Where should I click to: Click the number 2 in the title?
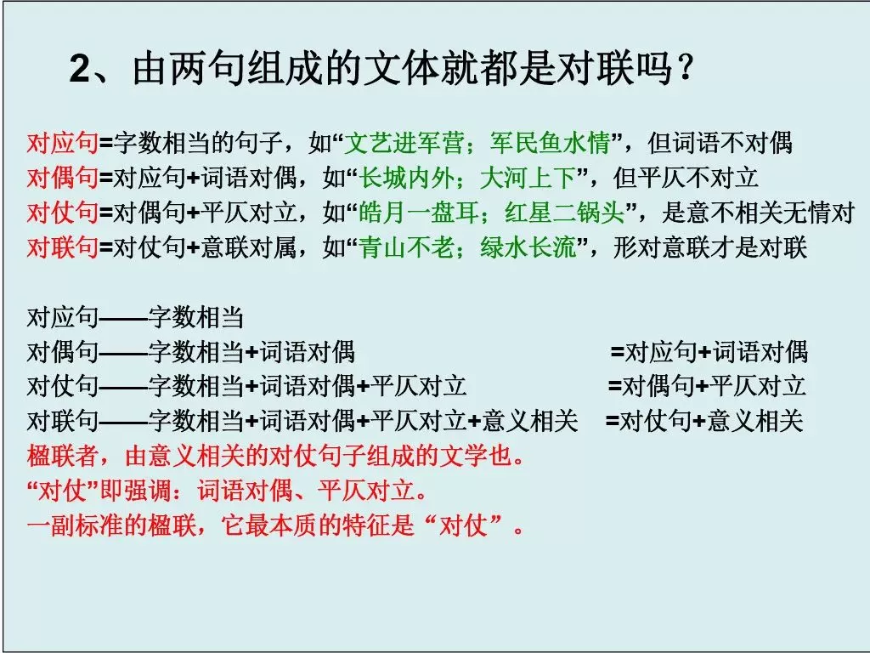[79, 70]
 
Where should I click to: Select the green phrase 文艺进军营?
[404, 143]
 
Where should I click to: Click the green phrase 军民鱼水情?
[551, 143]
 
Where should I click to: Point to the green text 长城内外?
[407, 179]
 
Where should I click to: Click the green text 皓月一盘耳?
[418, 213]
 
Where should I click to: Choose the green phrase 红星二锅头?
[565, 213]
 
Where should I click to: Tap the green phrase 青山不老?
[407, 247]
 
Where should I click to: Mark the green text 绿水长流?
[528, 247]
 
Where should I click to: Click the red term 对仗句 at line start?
[63, 213]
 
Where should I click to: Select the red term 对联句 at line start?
[63, 247]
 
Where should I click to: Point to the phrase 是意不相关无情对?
[758, 213]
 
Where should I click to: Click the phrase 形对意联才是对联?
[709, 247]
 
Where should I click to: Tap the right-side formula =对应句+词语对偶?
[709, 351]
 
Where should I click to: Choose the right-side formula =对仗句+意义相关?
[704, 421]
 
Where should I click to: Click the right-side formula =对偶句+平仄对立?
[707, 386]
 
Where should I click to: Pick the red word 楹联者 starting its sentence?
[63, 456]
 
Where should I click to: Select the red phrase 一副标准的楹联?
[111, 525]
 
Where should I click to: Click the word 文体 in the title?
[402, 69]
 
